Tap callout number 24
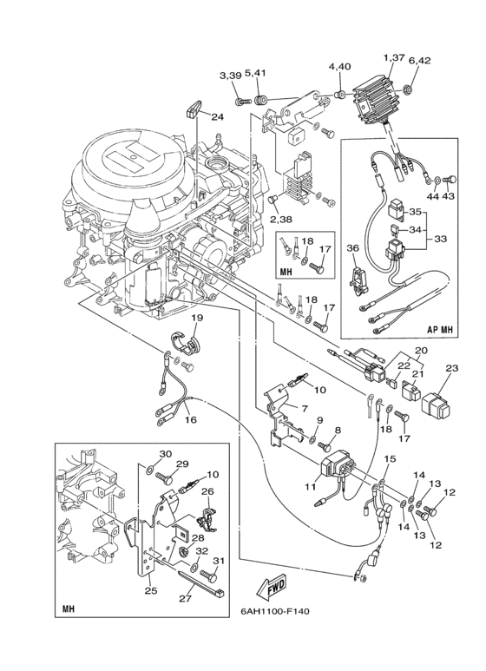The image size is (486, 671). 217,116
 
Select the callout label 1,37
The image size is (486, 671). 394,57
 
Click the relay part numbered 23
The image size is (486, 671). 436,405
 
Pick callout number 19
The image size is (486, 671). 197,318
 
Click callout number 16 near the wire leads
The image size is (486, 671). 191,420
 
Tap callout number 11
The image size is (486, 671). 310,487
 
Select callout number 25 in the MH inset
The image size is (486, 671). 151,591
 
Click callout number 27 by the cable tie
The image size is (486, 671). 185,599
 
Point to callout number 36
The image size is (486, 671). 352,248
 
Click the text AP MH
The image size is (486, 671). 439,330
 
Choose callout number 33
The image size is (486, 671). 440,239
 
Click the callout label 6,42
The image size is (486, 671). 419,61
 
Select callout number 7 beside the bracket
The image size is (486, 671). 304,409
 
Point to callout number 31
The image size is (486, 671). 218,561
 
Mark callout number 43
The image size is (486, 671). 449,196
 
